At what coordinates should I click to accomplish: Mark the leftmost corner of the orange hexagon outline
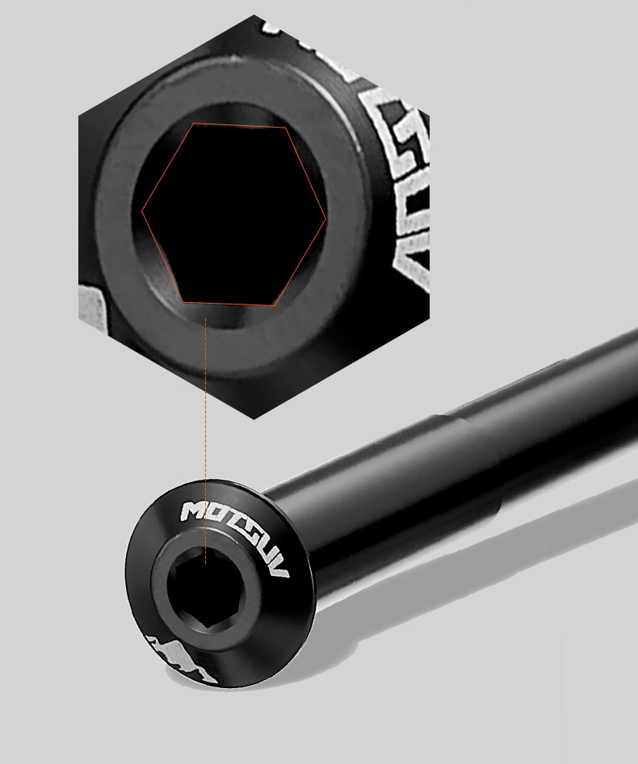coord(142,212)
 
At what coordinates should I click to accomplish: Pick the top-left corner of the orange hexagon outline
coord(192,124)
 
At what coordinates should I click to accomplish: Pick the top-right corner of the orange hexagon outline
coord(287,128)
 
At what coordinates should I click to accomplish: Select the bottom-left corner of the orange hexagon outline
coord(183,302)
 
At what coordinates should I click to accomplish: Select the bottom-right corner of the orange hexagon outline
coord(274,305)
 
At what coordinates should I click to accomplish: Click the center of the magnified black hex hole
coord(234,215)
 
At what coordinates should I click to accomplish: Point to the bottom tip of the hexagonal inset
coord(254,418)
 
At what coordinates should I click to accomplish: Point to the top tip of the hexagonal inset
coord(254,15)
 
